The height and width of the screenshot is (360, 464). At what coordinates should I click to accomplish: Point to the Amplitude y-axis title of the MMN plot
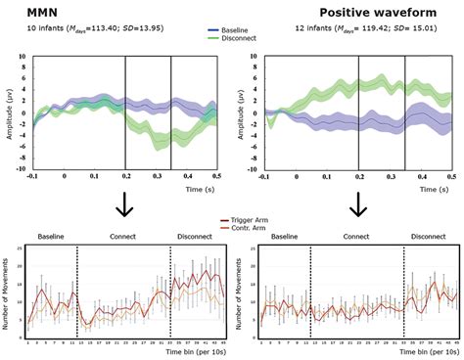[x=9, y=113]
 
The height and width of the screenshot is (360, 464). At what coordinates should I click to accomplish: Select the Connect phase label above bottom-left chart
[x=124, y=237]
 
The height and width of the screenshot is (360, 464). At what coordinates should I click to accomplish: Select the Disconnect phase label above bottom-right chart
[x=429, y=237]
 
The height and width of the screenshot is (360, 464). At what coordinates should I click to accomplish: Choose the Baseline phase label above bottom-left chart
[x=51, y=237]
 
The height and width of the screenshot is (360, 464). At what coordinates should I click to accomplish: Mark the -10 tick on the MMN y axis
[x=20, y=169]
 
